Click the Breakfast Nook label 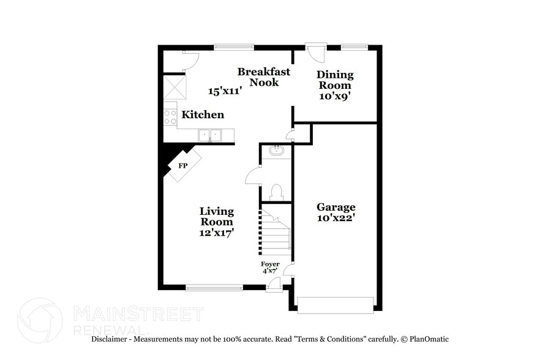click(x=264, y=77)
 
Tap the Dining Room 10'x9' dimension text click(x=334, y=96)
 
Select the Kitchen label click(x=203, y=114)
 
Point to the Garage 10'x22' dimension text click(x=336, y=217)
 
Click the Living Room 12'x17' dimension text click(x=216, y=233)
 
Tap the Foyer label click(x=270, y=264)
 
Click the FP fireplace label click(x=182, y=165)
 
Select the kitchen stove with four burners click(x=170, y=118)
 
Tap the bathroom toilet click(x=277, y=192)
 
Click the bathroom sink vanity click(x=276, y=151)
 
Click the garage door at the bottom click(x=335, y=304)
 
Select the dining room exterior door click(x=316, y=52)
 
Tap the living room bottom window click(x=214, y=287)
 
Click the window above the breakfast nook click(x=233, y=47)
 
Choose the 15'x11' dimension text click(x=225, y=91)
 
